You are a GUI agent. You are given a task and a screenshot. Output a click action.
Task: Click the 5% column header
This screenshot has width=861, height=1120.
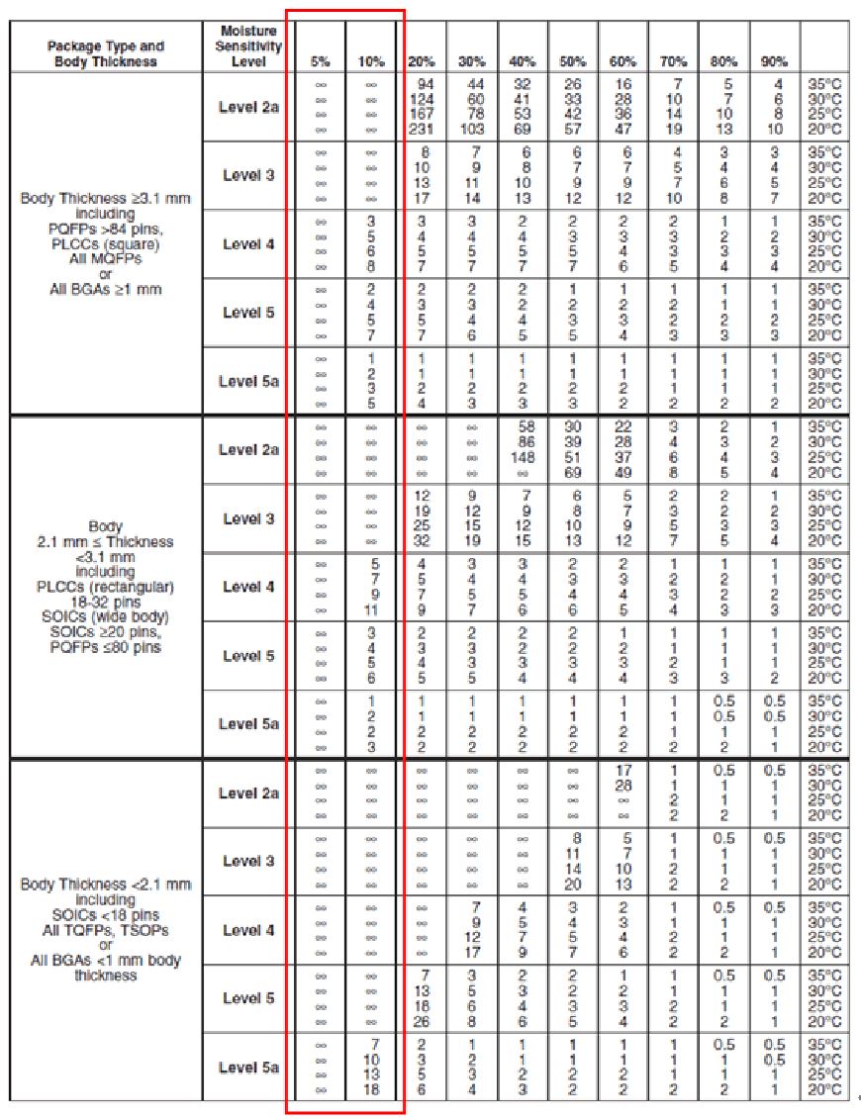point(320,61)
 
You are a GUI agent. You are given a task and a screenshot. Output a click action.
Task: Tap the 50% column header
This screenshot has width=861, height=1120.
point(572,61)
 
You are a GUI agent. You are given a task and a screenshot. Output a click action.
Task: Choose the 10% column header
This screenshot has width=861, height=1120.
point(371,61)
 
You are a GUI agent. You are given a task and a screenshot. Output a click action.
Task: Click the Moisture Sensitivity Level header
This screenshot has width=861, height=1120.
point(250,46)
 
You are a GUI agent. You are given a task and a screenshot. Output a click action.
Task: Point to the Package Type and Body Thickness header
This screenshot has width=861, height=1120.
point(105,53)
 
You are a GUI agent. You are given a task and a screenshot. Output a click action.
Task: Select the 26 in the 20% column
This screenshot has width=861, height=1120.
point(422,1021)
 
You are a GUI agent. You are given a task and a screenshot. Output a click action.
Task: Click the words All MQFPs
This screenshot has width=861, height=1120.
point(105,259)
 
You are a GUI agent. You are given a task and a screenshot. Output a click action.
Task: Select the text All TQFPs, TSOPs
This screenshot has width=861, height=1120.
point(105,930)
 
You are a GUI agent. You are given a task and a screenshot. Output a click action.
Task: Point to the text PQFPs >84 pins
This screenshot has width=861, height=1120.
point(105,229)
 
